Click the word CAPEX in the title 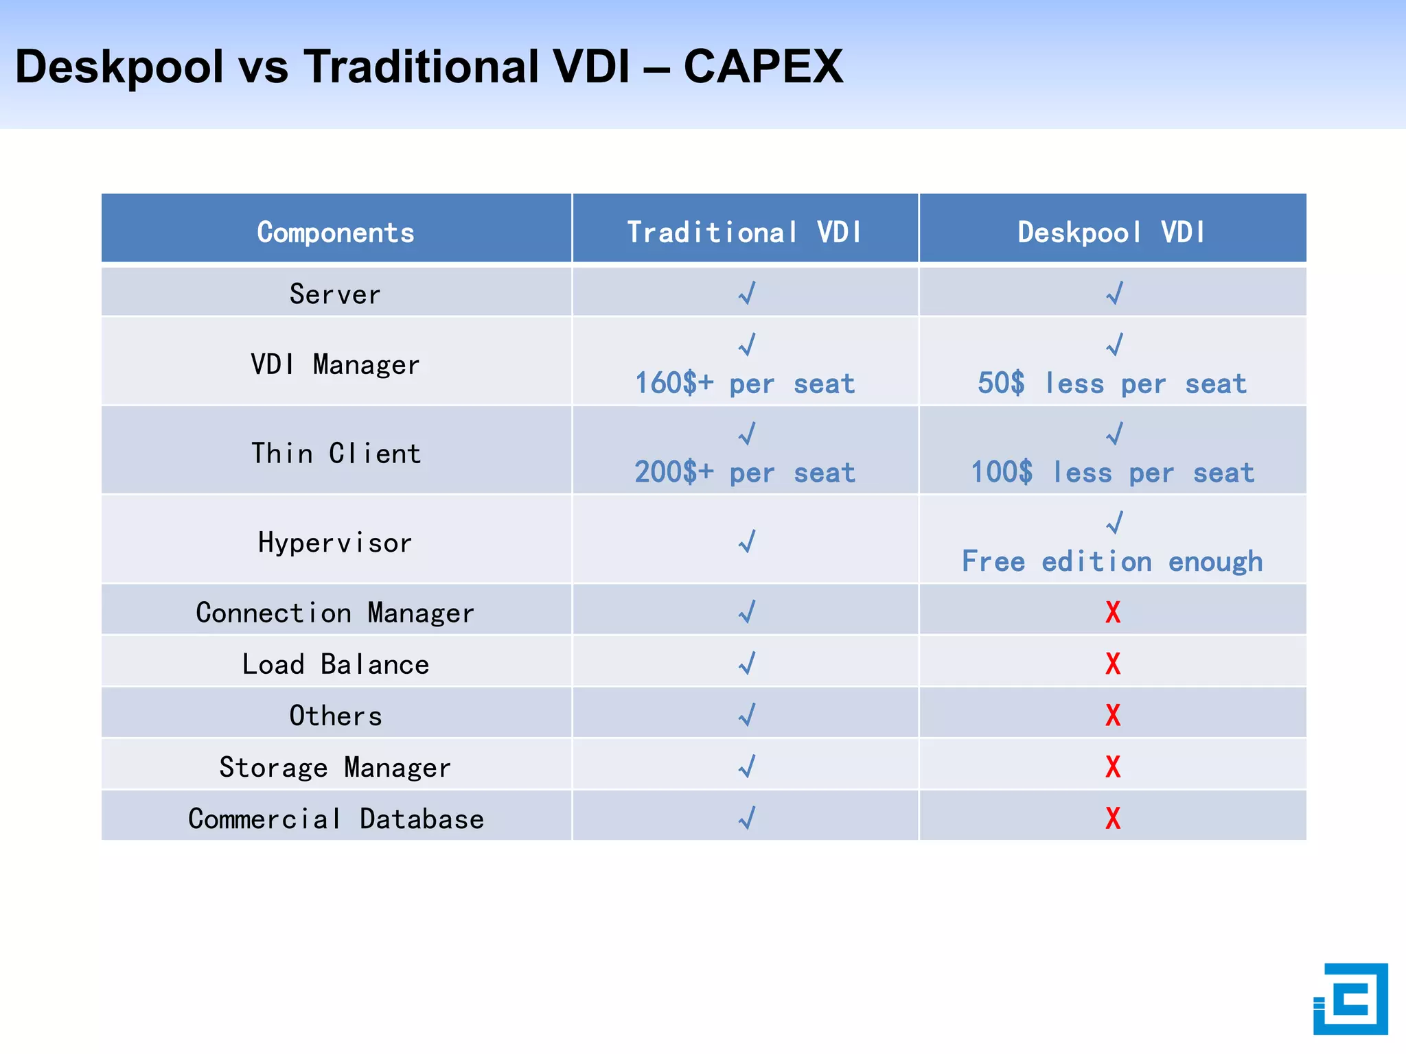[x=763, y=67]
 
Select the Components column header [x=336, y=233]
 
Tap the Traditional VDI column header [x=745, y=233]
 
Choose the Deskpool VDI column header [x=1111, y=233]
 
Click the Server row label [x=335, y=294]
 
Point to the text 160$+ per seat [x=745, y=384]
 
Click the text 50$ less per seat [x=1112, y=384]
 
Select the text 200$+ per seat [x=745, y=473]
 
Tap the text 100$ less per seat [x=1112, y=473]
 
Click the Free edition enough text [x=1112, y=562]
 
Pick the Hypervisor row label [x=335, y=543]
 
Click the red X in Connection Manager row [x=1113, y=612]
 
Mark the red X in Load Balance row [x=1113, y=664]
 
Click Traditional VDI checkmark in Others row [x=747, y=715]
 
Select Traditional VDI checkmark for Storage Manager [x=747, y=766]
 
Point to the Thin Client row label [x=336, y=454]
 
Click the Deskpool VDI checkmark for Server [x=1114, y=293]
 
